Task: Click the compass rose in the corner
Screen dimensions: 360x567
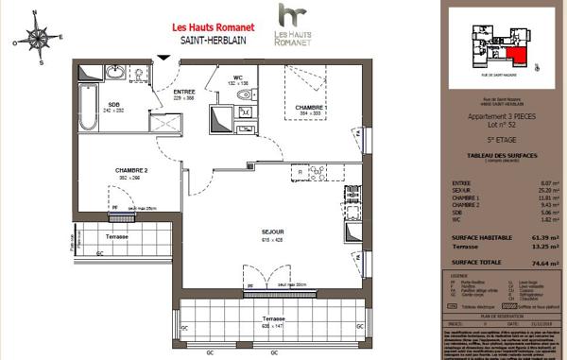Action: pyautogui.click(x=38, y=39)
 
